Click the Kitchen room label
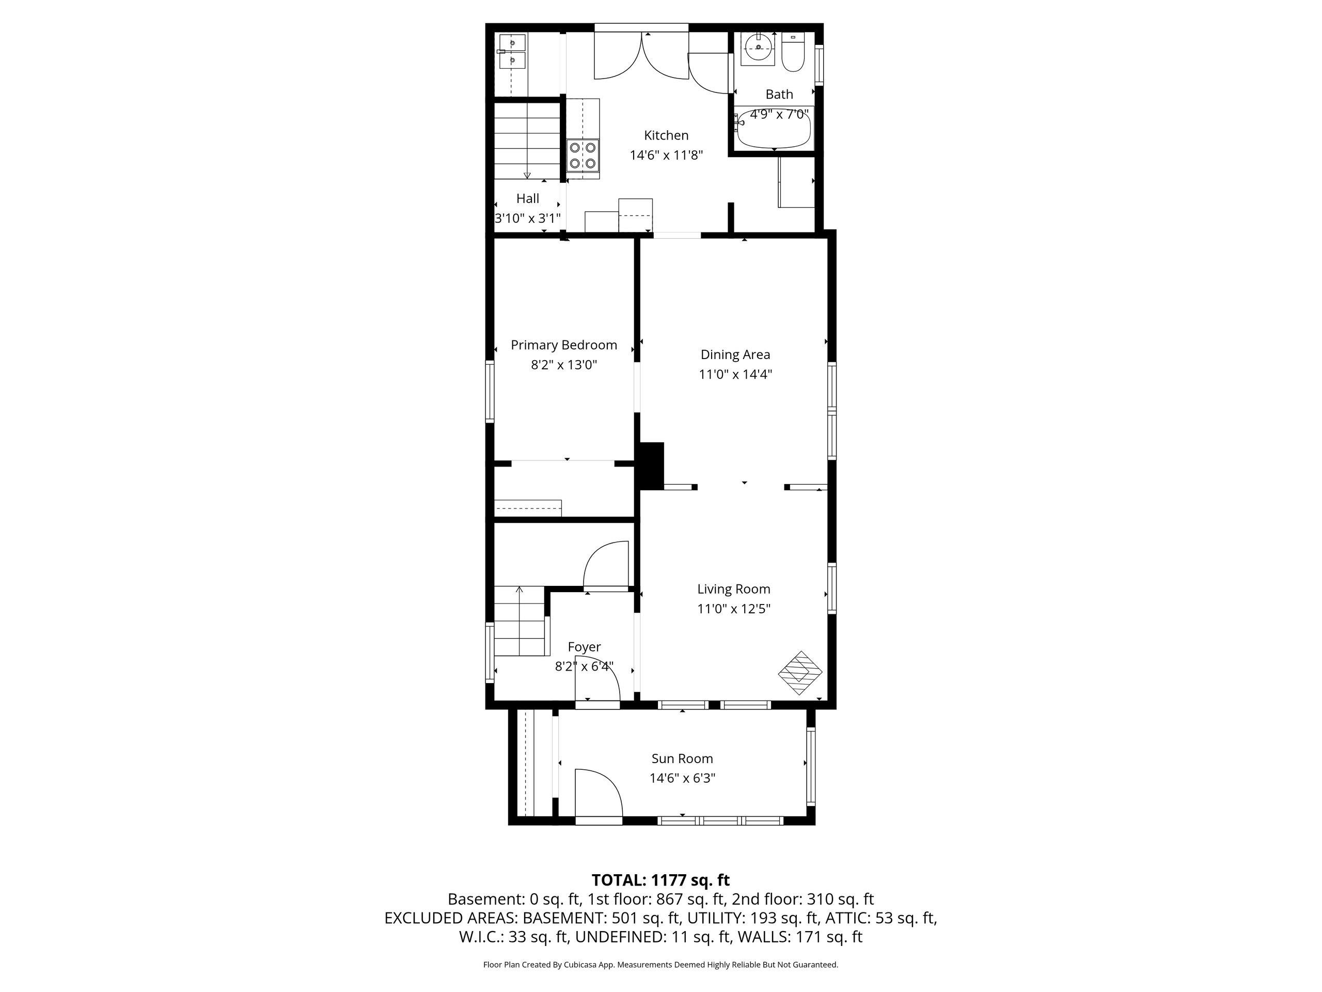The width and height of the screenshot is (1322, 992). (x=666, y=136)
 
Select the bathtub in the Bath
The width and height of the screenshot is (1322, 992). (x=774, y=129)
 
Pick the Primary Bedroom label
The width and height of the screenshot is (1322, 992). (x=563, y=345)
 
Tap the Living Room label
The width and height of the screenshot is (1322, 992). (x=733, y=589)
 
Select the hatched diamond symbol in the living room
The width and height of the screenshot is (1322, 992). (x=800, y=673)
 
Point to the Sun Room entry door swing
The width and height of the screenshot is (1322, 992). (x=598, y=792)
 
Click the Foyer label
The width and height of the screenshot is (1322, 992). (x=584, y=647)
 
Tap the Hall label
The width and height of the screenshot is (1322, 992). (x=528, y=198)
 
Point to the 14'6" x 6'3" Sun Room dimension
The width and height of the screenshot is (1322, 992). (x=682, y=779)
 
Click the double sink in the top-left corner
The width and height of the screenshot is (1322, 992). (x=512, y=52)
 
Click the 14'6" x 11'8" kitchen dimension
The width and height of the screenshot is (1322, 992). (x=666, y=156)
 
